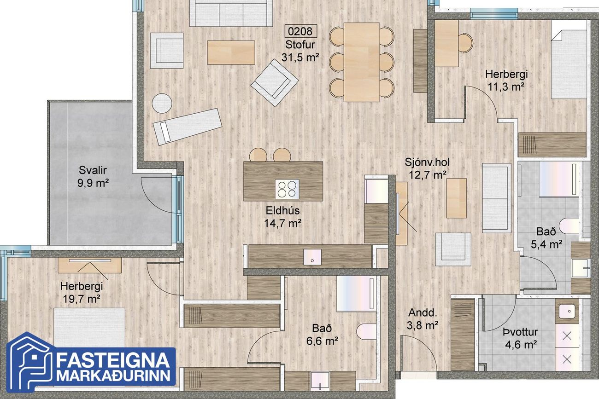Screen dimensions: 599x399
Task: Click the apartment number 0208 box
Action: (300, 31)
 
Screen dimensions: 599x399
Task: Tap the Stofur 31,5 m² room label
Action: (300, 51)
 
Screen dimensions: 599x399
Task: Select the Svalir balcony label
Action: (93, 170)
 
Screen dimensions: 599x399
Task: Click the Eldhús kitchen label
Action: (282, 210)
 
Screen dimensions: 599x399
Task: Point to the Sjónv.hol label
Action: (427, 162)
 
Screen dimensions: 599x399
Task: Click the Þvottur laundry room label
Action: (520, 332)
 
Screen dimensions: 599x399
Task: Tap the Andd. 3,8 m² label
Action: (423, 319)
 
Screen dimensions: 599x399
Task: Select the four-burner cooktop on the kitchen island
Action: (287, 189)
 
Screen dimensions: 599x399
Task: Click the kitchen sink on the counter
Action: (312, 257)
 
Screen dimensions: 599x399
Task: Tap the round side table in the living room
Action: (162, 104)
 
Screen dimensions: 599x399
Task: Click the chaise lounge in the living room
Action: (188, 127)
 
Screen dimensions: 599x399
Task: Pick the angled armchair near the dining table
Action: (275, 82)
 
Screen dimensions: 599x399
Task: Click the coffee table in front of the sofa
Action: (231, 52)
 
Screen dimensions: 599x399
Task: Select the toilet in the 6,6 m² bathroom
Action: (367, 332)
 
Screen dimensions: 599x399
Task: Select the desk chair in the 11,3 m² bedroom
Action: (465, 43)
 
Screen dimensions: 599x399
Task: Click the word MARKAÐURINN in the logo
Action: (113, 376)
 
